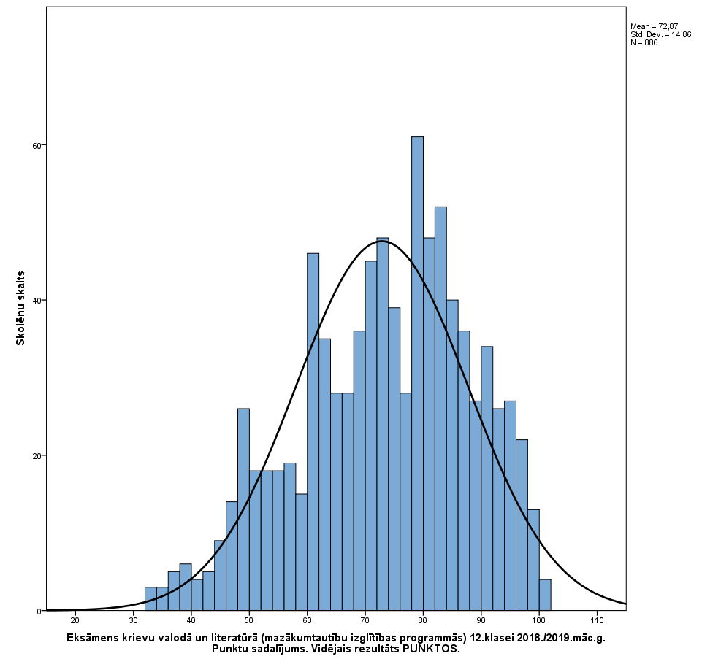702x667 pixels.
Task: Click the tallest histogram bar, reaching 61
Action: tap(417, 372)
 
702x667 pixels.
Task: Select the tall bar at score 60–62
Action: tap(313, 431)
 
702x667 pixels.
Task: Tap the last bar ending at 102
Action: tap(545, 595)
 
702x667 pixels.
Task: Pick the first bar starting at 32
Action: tap(150, 599)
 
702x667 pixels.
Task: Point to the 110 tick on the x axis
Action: tap(597, 621)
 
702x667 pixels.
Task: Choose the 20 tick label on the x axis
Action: tap(75, 621)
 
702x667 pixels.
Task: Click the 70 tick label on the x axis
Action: tap(365, 621)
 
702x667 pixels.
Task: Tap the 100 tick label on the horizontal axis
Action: tap(539, 621)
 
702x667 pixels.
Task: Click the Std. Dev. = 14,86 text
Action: tap(660, 34)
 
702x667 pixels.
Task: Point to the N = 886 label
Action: tap(644, 42)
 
